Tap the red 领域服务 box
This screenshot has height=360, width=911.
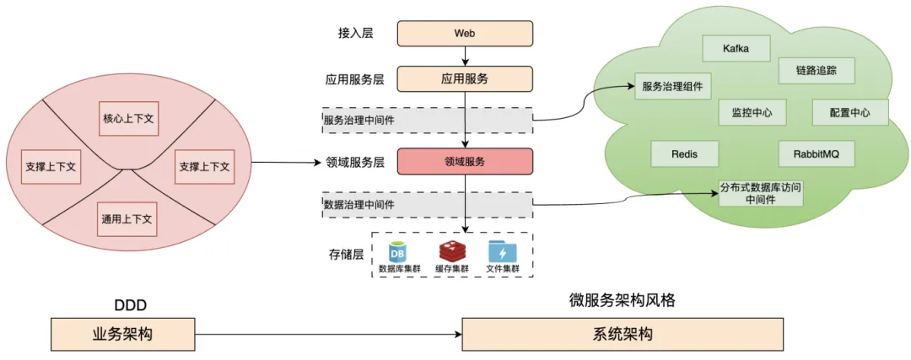[x=466, y=161]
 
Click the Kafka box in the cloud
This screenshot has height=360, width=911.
[x=736, y=48]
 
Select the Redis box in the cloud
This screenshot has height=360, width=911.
[x=684, y=154]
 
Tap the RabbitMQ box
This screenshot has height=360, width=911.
[x=817, y=154]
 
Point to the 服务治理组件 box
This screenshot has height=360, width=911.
[x=671, y=86]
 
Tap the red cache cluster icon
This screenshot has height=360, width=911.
[x=450, y=251]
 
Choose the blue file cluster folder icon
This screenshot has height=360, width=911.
[x=503, y=251]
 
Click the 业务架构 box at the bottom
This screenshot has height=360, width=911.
[x=122, y=334]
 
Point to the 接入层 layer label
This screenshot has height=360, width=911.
[x=355, y=34]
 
